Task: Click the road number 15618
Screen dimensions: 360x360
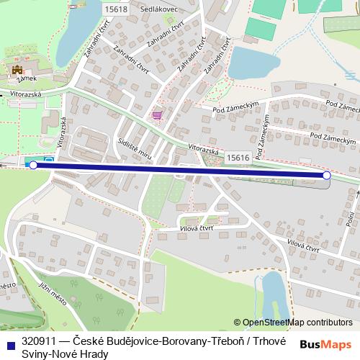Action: [x=115, y=9]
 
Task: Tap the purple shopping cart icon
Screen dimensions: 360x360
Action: [x=157, y=115]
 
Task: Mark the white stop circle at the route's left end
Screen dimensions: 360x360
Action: [x=33, y=166]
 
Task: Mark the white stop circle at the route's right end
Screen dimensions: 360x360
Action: [x=327, y=175]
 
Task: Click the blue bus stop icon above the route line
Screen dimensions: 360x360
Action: [x=48, y=161]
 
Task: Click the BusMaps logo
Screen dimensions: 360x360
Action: [x=326, y=344]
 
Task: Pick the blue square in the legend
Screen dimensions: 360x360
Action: [x=9, y=341]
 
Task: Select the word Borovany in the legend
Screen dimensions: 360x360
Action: [x=161, y=341]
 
